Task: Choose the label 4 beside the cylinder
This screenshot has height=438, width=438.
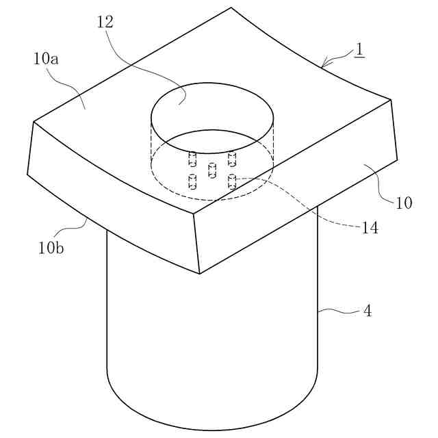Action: tap(367, 311)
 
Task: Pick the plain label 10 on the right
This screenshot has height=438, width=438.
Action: tap(404, 203)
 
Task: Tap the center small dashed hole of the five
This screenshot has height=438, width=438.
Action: tap(212, 169)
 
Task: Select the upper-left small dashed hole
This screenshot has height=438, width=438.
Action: tap(192, 159)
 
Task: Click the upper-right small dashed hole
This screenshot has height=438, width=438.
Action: tap(232, 159)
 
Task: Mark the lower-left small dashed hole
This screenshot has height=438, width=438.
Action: tap(192, 182)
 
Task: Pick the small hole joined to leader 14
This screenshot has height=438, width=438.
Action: tap(232, 181)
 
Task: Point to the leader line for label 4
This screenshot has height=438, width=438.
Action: tap(339, 311)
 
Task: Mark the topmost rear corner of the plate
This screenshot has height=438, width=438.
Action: tap(231, 8)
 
